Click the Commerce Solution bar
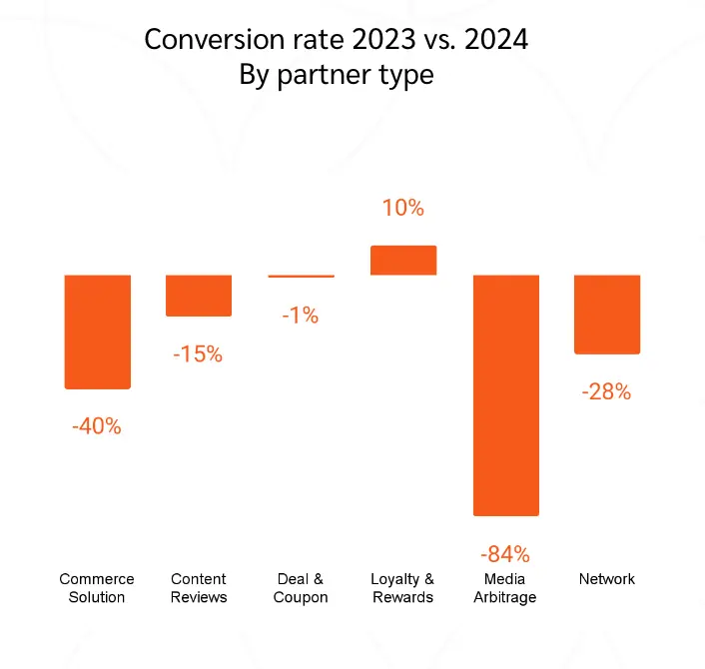pyautogui.click(x=98, y=332)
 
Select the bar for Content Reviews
pyautogui.click(x=199, y=296)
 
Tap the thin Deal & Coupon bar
pyautogui.click(x=302, y=276)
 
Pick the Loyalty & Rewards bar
pyautogui.click(x=403, y=260)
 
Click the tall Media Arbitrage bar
pyautogui.click(x=505, y=394)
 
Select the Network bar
pyautogui.click(x=607, y=314)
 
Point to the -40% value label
pyautogui.click(x=96, y=426)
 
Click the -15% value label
pyautogui.click(x=198, y=353)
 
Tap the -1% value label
pyautogui.click(x=300, y=316)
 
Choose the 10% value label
pyautogui.click(x=403, y=209)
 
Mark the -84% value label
pyautogui.click(x=504, y=553)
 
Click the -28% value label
pyautogui.click(x=606, y=391)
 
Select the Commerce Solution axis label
pyautogui.click(x=97, y=588)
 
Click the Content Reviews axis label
pyautogui.click(x=199, y=588)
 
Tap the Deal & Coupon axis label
pyautogui.click(x=301, y=588)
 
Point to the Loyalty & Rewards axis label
pyautogui.click(x=402, y=588)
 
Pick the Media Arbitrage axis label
pyautogui.click(x=505, y=588)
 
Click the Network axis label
pyautogui.click(x=607, y=579)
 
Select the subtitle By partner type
pyautogui.click(x=337, y=75)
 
